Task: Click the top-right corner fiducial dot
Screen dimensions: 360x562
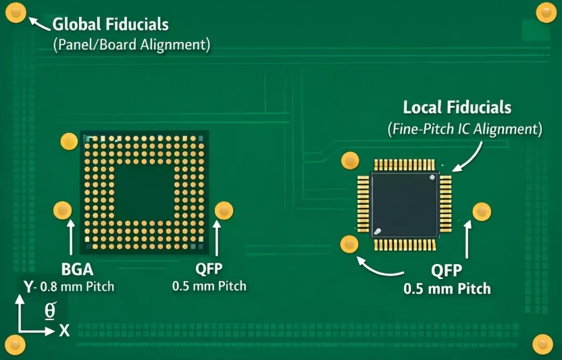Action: [x=545, y=12]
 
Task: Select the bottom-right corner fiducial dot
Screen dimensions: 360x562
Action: [x=542, y=343]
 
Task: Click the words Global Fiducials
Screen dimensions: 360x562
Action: [x=111, y=25]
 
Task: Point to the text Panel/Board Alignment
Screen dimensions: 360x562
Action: [x=131, y=45]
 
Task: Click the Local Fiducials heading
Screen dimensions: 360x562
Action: [x=457, y=107]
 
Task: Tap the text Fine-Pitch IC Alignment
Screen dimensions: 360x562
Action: [x=464, y=128]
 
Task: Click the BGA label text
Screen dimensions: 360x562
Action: [x=76, y=269]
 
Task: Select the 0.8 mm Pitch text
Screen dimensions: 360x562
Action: [x=76, y=286]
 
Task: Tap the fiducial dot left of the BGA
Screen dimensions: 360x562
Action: [x=62, y=210]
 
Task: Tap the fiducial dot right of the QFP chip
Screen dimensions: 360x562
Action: [x=481, y=211]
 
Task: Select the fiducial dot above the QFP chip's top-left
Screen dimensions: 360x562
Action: [x=350, y=161]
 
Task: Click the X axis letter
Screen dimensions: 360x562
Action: [x=65, y=330]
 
